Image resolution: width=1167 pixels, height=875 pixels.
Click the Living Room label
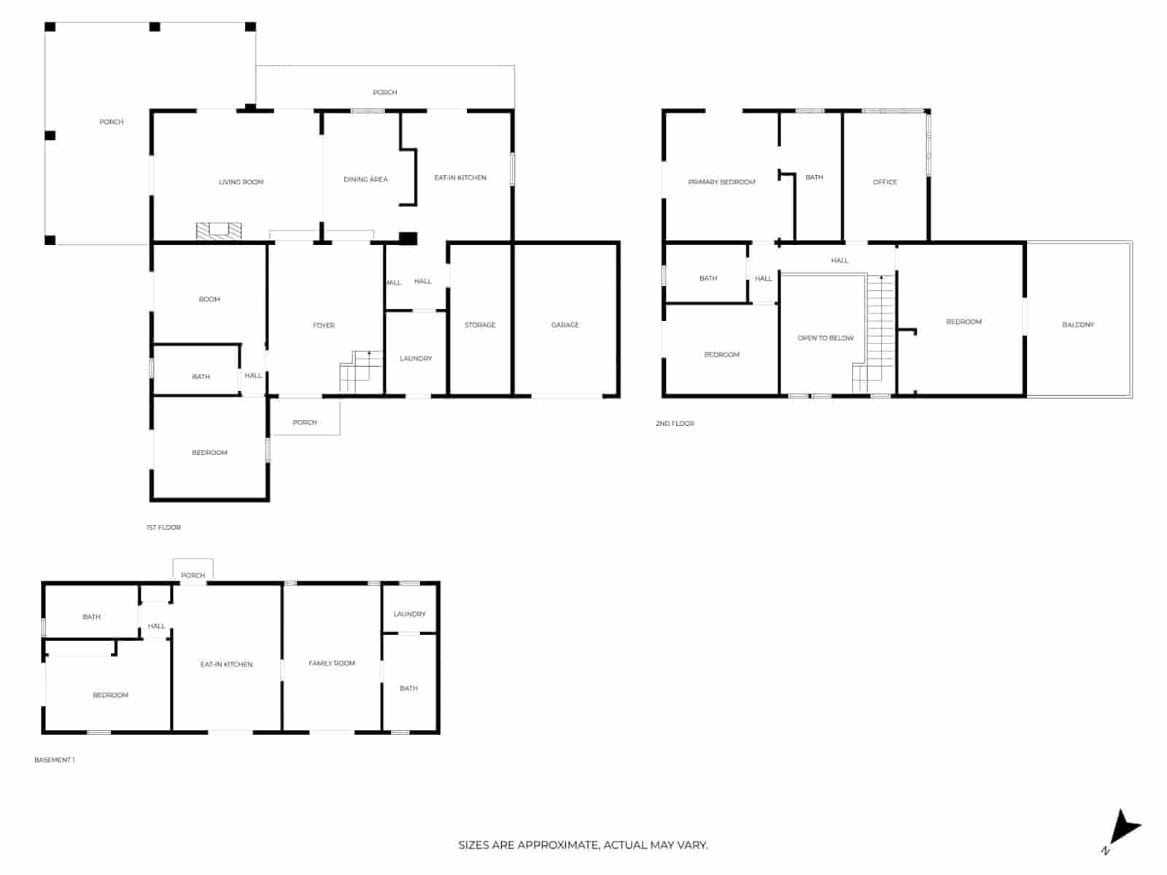tap(241, 182)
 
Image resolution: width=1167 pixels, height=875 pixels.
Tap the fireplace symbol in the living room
tap(219, 230)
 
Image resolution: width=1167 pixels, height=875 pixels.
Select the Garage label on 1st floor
tap(565, 324)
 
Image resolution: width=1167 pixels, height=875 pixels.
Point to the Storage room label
tap(480, 324)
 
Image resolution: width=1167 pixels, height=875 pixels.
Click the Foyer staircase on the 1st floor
tap(361, 372)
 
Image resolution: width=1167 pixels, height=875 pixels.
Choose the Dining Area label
tap(365, 179)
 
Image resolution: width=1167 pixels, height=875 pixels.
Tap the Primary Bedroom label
tap(721, 182)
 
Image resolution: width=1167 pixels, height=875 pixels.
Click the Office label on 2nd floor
tap(885, 182)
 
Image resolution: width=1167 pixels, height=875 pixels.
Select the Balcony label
tap(1078, 324)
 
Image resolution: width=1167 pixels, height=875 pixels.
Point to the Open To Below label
tap(826, 338)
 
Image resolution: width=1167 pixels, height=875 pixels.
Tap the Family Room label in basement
tap(332, 663)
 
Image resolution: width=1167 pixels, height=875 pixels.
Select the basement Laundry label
tap(409, 614)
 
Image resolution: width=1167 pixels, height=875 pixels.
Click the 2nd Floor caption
tap(675, 423)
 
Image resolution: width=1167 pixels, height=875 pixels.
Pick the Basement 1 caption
tap(54, 760)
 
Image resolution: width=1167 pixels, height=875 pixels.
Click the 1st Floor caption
tap(163, 527)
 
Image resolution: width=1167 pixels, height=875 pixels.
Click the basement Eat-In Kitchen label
tap(227, 664)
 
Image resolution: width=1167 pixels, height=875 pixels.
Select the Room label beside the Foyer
tap(209, 299)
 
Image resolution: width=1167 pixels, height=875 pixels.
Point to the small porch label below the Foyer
tap(305, 422)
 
